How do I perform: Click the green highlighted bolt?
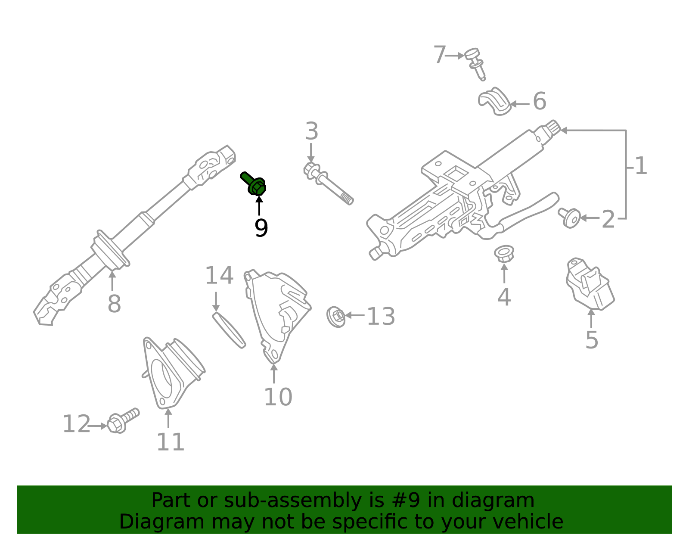click(254, 184)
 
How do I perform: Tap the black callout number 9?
click(261, 228)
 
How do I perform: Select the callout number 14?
click(219, 276)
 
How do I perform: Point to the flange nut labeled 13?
click(336, 317)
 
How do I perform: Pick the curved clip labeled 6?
click(494, 102)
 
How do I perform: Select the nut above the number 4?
click(504, 253)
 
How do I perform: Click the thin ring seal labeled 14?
click(229, 330)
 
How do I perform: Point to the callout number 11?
click(171, 442)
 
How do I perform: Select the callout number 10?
click(278, 397)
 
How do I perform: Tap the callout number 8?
click(114, 304)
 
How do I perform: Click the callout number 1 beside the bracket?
click(641, 166)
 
